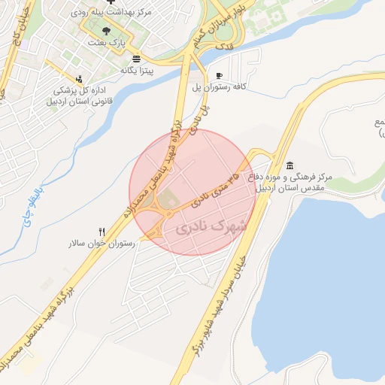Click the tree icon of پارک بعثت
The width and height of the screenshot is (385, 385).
(x=105, y=31)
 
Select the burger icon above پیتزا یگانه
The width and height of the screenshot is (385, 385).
(x=135, y=59)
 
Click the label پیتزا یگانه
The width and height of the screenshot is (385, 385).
(x=138, y=70)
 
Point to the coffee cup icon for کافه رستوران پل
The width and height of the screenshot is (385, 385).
(x=219, y=75)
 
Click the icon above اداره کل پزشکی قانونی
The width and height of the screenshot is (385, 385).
(x=79, y=77)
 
